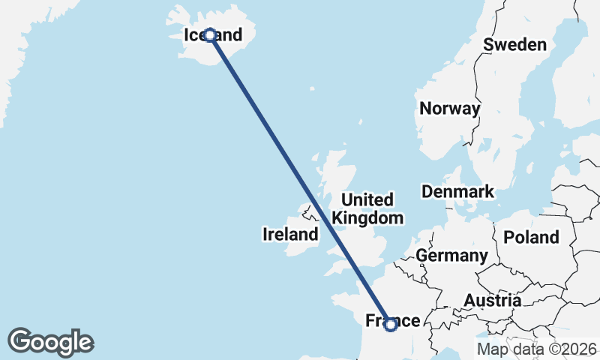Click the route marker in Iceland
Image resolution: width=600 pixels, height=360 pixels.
point(210,35)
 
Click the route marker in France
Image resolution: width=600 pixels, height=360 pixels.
point(390,324)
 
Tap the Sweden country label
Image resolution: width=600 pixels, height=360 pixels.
point(514,44)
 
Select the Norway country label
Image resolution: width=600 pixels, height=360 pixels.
point(449,109)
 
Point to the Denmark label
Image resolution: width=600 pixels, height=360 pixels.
point(457,191)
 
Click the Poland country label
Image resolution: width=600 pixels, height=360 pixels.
point(531,237)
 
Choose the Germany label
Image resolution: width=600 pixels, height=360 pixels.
point(451,256)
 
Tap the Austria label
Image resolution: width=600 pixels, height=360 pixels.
point(492,301)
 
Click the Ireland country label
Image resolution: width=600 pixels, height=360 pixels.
point(290,235)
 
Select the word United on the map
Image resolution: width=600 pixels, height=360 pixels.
point(367,200)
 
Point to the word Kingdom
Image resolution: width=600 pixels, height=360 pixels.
point(368,218)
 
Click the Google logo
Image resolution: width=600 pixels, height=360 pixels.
point(50,341)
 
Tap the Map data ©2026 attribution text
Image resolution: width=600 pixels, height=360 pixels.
point(537,349)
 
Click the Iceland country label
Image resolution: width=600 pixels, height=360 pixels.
point(214,35)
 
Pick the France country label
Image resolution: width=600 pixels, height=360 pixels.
point(392,321)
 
